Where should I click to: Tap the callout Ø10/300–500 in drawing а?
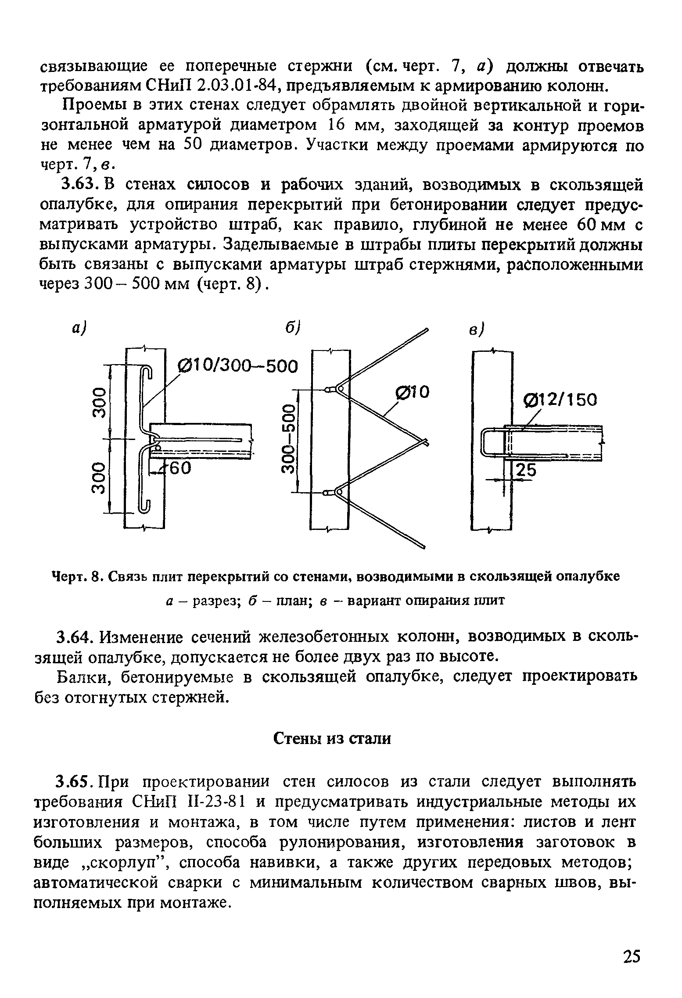(x=237, y=365)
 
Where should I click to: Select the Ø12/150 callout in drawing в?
(x=561, y=400)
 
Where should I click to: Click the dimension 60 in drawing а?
(x=180, y=469)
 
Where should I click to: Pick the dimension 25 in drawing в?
(x=526, y=471)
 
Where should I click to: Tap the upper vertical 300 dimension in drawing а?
(x=100, y=402)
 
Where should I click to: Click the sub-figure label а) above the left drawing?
(x=79, y=329)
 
